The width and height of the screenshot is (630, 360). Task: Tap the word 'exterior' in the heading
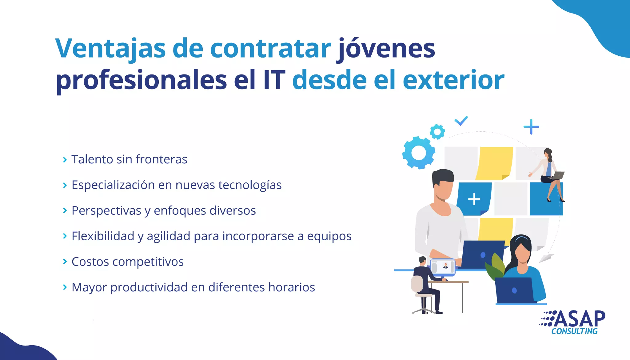(x=453, y=80)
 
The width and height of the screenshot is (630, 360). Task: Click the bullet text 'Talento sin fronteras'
(x=129, y=159)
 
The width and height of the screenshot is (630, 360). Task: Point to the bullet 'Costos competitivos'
(x=127, y=262)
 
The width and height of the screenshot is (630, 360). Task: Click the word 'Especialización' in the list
(x=113, y=185)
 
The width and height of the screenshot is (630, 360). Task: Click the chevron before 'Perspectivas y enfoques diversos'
(x=65, y=210)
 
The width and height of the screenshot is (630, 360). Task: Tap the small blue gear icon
(x=437, y=132)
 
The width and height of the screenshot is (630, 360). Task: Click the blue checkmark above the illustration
(x=461, y=121)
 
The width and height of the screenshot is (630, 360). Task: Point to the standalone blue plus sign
(x=531, y=127)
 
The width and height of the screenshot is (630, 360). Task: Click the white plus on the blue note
(x=474, y=199)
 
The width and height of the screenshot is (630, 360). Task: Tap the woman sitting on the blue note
(x=549, y=174)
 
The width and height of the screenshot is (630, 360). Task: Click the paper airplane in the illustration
(x=546, y=258)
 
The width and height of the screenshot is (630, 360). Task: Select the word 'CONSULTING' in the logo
(x=574, y=331)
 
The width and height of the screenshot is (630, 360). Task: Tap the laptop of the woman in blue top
(x=514, y=290)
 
